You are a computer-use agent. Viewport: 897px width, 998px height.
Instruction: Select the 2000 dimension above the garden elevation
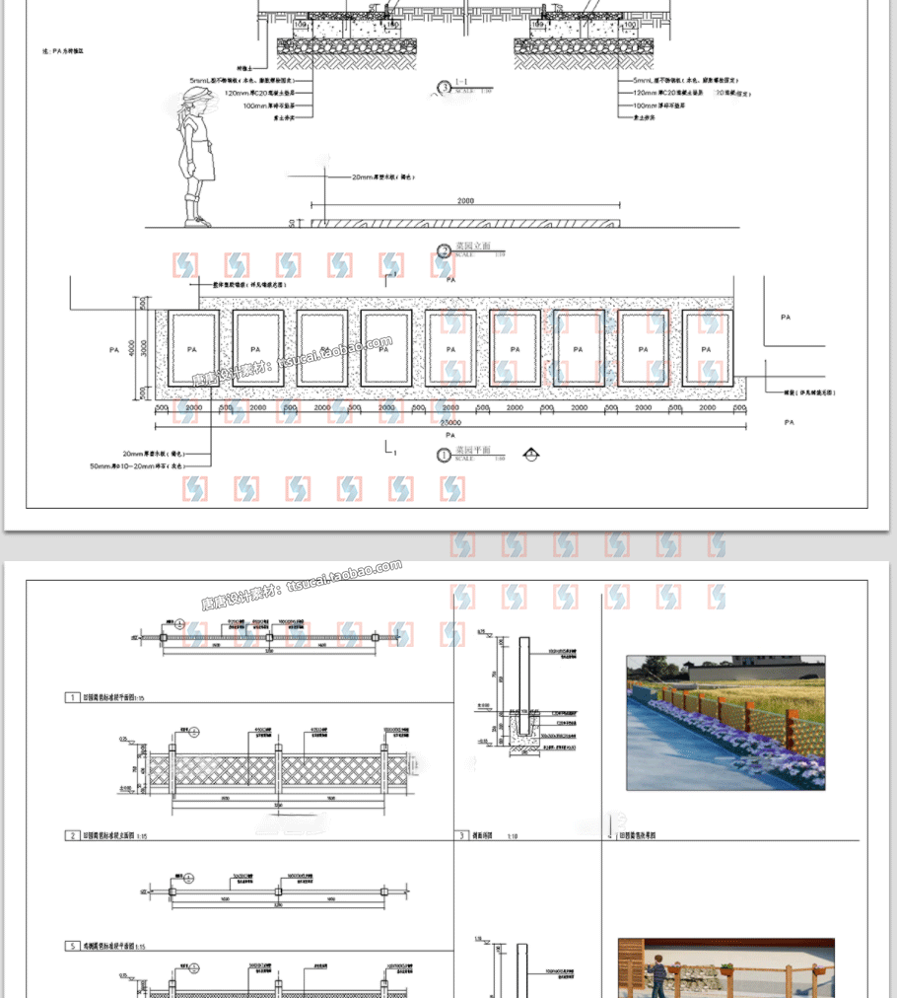465,201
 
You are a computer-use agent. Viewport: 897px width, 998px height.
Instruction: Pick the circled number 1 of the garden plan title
444,455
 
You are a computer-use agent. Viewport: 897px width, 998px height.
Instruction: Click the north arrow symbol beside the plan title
531,454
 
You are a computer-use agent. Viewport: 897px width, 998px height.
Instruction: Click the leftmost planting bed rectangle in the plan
192,349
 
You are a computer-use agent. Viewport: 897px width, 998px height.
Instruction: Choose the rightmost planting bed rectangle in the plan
707,349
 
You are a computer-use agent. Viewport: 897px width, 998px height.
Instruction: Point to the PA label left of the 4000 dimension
114,349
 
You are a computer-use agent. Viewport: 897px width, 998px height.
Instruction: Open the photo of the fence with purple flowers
725,723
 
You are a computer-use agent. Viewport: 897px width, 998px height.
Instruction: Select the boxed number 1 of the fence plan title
73,697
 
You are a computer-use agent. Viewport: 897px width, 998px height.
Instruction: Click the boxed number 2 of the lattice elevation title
73,835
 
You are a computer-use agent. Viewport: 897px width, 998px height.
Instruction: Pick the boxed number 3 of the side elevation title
462,835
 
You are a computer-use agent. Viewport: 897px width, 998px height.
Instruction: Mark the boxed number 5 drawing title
73,946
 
